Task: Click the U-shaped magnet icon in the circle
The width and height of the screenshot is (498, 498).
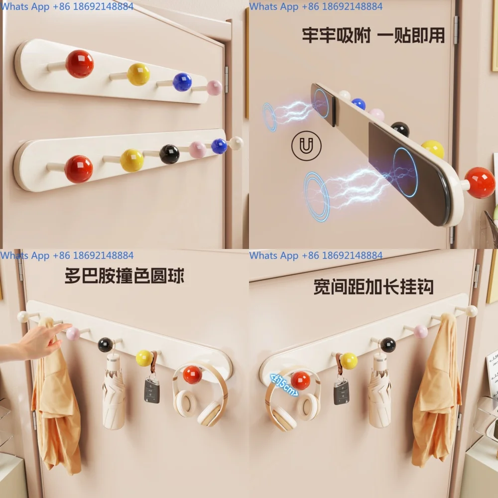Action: (x=306, y=146)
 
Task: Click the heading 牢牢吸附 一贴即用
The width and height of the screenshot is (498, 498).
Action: (x=373, y=35)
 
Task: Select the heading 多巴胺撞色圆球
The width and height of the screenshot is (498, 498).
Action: (x=124, y=275)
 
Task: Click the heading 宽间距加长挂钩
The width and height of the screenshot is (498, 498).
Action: (x=373, y=286)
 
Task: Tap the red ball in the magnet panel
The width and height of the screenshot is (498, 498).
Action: (x=480, y=183)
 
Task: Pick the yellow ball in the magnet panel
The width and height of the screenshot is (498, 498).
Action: (x=433, y=148)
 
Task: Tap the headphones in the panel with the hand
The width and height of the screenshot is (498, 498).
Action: (x=199, y=396)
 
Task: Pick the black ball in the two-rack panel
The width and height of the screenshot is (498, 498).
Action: (x=169, y=154)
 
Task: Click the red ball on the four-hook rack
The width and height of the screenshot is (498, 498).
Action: (x=80, y=64)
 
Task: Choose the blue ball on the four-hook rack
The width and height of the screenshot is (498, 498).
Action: (x=182, y=82)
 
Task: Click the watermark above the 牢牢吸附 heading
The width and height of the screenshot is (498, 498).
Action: (x=316, y=6)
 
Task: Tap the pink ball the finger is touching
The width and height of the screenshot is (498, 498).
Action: (x=73, y=333)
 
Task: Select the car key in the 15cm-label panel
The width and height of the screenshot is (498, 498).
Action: (x=341, y=391)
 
